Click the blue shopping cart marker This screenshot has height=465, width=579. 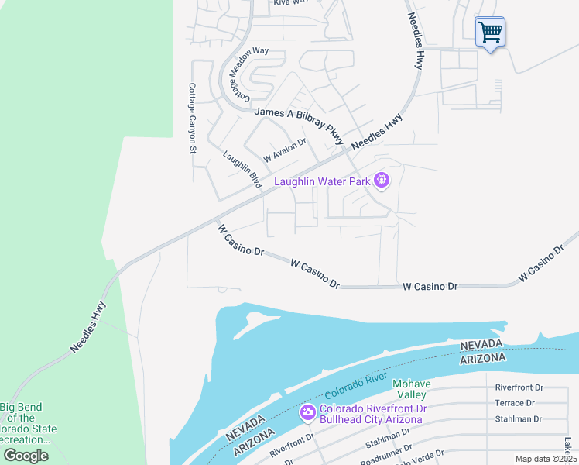click(x=489, y=33)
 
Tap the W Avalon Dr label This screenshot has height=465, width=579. click(x=285, y=150)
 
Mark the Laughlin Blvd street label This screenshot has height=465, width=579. click(x=242, y=169)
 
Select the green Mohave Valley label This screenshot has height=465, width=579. click(x=410, y=389)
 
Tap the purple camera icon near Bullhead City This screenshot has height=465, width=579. click(x=307, y=412)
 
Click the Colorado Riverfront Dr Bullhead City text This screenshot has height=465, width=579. click(x=371, y=414)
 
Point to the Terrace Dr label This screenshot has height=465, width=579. click(x=515, y=403)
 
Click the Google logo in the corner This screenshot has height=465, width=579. click(x=26, y=456)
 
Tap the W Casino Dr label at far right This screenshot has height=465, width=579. click(x=541, y=263)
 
